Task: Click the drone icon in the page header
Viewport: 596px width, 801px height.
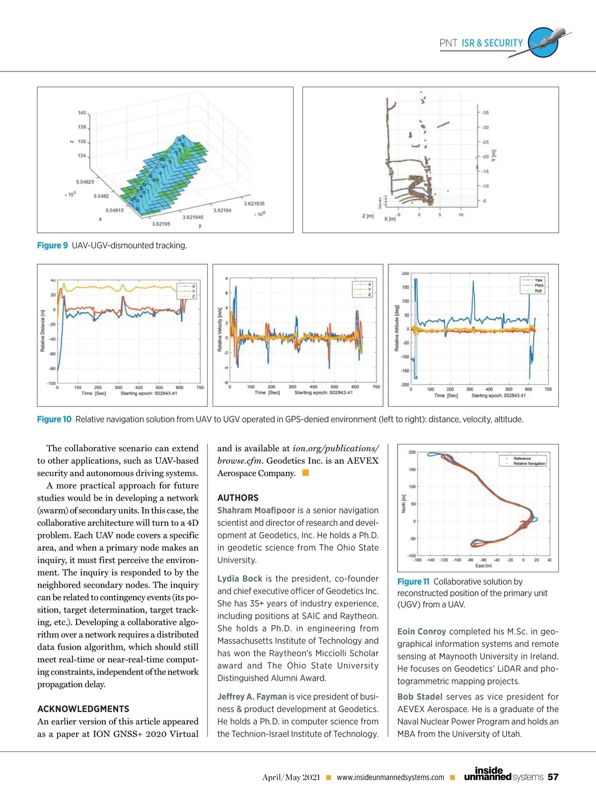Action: click(546, 42)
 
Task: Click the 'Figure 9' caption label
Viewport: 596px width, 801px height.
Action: click(52, 245)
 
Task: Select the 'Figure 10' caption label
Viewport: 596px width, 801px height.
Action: click(54, 419)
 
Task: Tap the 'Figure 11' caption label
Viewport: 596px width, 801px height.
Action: click(413, 582)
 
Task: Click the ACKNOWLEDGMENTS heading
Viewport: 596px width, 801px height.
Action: click(83, 709)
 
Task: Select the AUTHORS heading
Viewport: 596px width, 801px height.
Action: click(238, 498)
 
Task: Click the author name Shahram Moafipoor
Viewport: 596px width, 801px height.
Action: click(256, 510)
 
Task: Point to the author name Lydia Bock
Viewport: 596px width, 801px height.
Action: click(239, 579)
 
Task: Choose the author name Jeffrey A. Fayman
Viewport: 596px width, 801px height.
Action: click(252, 697)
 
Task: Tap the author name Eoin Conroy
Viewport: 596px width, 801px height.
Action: click(421, 631)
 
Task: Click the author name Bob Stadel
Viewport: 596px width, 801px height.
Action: click(420, 697)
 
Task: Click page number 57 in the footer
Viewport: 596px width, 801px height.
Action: click(553, 777)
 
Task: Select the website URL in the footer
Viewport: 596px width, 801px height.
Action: click(390, 778)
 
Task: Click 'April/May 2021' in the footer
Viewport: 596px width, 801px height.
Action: click(291, 778)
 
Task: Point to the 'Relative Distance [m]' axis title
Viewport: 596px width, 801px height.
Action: click(43, 331)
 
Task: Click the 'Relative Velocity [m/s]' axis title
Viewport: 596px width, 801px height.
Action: click(220, 330)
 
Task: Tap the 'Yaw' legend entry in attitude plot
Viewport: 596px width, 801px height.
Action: click(538, 280)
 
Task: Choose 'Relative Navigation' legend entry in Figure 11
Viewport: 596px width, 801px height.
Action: click(529, 463)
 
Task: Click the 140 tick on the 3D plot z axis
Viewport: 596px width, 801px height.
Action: click(82, 113)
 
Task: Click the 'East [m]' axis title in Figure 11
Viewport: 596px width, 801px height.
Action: click(483, 566)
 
